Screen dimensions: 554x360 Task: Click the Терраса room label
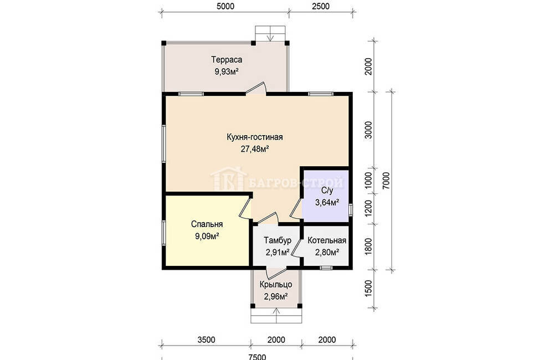click(227, 59)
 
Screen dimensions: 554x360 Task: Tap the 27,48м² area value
click(254, 149)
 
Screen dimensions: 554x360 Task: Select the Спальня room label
click(207, 224)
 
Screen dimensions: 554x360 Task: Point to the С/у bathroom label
click(327, 191)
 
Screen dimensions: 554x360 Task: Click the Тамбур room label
click(278, 240)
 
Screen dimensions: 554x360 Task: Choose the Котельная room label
click(327, 240)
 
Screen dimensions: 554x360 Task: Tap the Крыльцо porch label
click(275, 284)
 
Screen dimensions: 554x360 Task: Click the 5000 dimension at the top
click(225, 6)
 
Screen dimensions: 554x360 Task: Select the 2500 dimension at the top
click(320, 6)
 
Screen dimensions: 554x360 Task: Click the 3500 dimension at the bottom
click(206, 340)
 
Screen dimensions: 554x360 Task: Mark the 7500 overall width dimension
click(257, 357)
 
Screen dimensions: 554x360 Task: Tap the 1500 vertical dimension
click(368, 289)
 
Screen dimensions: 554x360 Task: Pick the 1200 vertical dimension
click(368, 209)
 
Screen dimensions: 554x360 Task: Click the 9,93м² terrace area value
click(227, 71)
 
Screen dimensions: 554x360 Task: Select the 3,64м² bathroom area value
click(327, 203)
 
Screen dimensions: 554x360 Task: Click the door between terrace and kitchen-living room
click(256, 89)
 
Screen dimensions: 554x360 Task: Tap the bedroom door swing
click(245, 208)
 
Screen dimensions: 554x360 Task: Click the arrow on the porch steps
click(276, 315)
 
